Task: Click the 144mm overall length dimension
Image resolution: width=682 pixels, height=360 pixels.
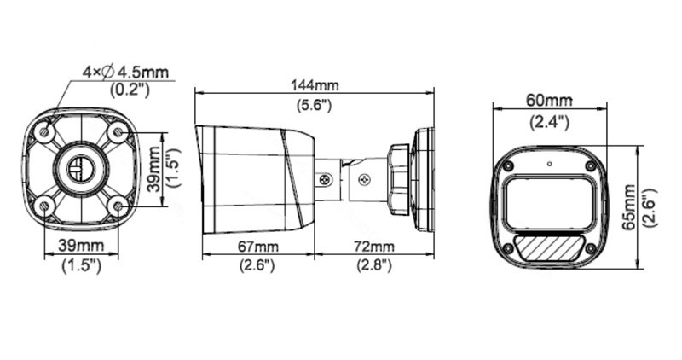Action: (315, 85)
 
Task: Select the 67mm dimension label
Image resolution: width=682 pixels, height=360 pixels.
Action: (257, 247)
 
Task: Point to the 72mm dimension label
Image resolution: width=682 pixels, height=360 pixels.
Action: (373, 247)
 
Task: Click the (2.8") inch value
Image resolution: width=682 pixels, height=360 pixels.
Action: (373, 265)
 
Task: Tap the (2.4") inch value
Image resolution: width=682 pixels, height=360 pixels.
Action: (549, 121)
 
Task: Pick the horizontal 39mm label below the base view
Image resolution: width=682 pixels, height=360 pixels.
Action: (82, 247)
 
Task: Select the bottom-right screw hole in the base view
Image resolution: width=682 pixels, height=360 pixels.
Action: (118, 204)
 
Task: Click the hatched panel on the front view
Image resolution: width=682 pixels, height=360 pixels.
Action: (548, 248)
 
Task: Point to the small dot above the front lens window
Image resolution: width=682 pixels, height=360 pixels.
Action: (550, 163)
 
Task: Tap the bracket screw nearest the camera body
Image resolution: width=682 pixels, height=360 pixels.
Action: (324, 180)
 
